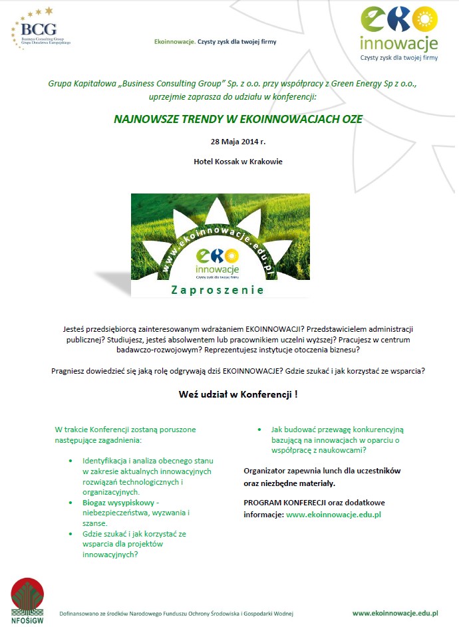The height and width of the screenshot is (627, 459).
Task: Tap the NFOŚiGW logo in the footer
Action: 27,598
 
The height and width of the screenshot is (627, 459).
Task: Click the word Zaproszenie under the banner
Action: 218,290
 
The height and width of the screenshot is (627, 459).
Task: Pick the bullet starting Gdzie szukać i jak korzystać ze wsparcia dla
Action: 134,544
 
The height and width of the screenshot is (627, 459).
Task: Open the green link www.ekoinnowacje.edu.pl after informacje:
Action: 333,514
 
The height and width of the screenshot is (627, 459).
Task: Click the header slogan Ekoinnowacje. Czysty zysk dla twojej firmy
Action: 215,41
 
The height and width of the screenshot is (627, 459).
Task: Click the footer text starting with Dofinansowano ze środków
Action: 176,614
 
